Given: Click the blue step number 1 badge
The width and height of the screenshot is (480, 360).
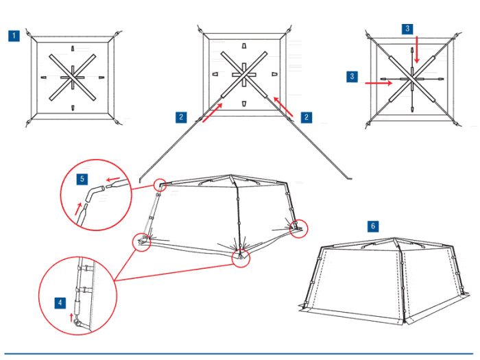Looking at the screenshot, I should tap(13, 36).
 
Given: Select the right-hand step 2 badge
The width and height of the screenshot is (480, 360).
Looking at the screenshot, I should tap(306, 117).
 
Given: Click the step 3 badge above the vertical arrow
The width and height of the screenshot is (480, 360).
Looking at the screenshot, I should tap(407, 29).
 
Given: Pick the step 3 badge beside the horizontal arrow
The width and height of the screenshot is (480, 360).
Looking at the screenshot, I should tap(352, 76).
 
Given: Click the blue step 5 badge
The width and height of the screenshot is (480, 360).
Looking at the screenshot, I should tap(83, 179).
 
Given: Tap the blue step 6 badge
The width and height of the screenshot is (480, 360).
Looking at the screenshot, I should tap(373, 226).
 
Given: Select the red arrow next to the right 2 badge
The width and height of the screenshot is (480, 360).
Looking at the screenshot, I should tap(285, 106).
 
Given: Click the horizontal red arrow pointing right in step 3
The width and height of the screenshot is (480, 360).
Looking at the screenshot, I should tap(378, 83).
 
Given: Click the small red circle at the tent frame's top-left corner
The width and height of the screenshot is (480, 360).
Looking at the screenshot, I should tap(160, 184).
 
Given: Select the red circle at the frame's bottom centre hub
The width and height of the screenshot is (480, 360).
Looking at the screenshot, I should tap(239, 257).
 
